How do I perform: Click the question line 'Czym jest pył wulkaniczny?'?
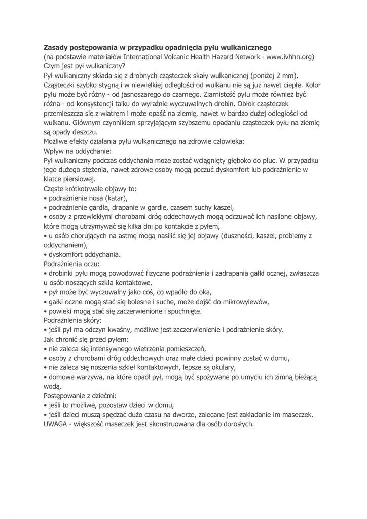click(x=84, y=66)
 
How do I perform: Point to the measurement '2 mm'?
click(x=287, y=76)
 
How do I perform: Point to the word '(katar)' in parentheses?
click(x=115, y=198)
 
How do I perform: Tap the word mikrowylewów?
click(x=243, y=302)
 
